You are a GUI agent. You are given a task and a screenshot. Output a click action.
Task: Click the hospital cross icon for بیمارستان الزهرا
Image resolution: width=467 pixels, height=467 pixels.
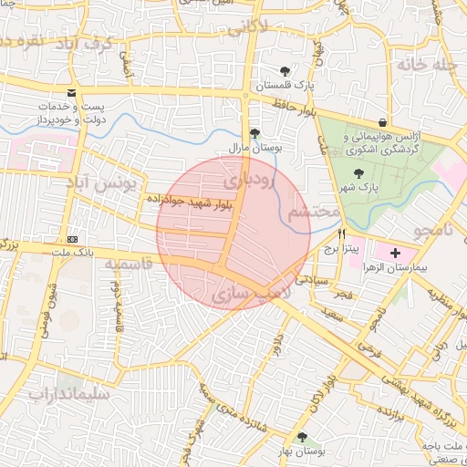point(394,252)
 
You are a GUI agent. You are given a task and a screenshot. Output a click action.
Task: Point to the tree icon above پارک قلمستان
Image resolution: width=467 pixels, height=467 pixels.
point(285,71)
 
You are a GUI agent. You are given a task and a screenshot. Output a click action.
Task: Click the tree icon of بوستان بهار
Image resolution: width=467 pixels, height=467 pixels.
point(303,437)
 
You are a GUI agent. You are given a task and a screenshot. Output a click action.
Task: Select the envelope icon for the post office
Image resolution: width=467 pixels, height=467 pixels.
point(72,93)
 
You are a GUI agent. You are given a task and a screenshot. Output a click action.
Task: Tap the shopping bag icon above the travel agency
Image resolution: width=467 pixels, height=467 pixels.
point(381,122)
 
